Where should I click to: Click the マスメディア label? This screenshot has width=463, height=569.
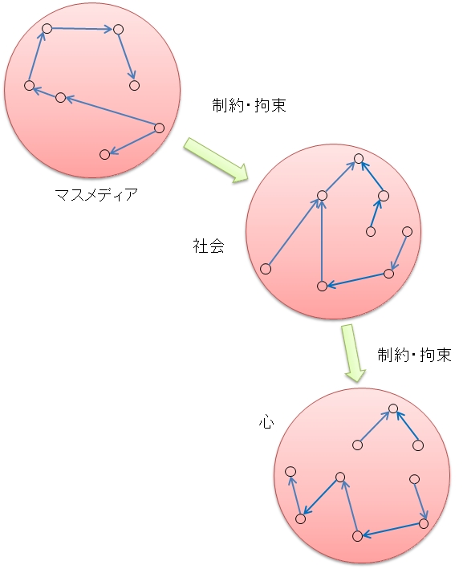(96, 195)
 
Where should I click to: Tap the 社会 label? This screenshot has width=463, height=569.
(209, 246)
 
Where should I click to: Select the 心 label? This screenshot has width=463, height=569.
(266, 422)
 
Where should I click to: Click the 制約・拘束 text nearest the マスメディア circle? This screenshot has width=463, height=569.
(249, 105)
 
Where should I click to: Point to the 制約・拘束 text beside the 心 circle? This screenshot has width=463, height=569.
(414, 355)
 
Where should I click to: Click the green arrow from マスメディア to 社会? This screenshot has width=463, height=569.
(217, 160)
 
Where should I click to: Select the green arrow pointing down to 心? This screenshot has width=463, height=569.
(353, 353)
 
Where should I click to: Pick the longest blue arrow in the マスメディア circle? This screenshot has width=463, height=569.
(110, 113)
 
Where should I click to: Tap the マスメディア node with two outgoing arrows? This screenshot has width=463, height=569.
(159, 128)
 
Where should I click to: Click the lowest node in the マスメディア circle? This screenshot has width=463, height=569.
(104, 154)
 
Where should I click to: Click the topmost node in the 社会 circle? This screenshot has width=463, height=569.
(359, 159)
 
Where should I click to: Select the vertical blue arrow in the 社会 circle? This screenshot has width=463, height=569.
(322, 241)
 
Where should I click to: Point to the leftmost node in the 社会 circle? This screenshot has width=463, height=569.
(266, 269)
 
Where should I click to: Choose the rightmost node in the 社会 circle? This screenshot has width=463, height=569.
(407, 231)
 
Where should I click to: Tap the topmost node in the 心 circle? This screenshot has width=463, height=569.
(393, 408)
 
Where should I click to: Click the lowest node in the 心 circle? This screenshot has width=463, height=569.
(357, 535)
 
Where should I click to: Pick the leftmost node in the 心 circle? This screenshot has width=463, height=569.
(290, 471)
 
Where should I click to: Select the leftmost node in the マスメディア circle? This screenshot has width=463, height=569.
(30, 86)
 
